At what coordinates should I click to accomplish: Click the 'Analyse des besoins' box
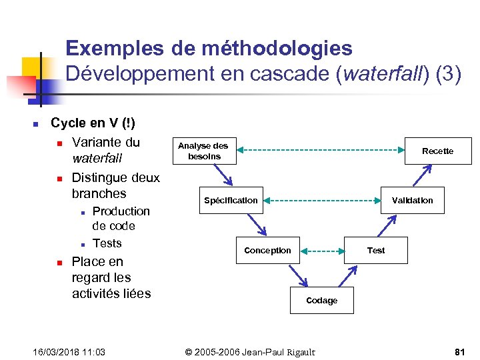203,151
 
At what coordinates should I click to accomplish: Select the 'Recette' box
437,151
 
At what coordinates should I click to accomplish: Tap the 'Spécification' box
231,200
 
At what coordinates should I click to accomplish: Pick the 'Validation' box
412,200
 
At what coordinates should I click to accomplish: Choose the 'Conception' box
267,250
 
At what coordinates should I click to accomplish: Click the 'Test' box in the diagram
376,250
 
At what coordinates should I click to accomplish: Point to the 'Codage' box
321,300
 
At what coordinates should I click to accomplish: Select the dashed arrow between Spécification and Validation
321,200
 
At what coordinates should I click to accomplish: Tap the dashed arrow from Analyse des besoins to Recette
321,150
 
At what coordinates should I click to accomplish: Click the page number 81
459,351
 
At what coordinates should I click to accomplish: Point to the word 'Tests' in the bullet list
107,243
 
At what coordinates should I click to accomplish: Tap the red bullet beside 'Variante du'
59,143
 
